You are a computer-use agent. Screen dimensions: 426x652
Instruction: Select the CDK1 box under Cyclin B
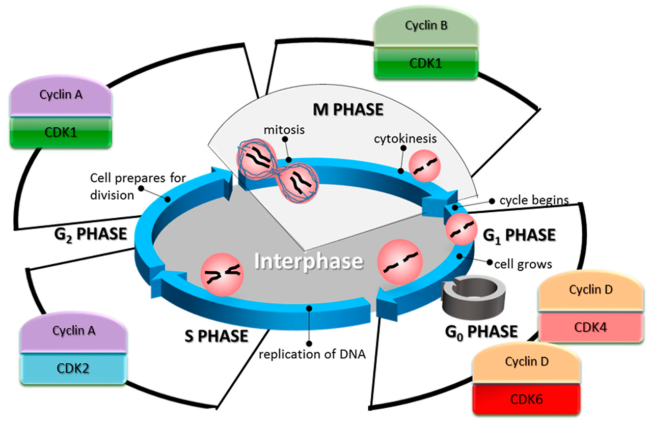click(426, 64)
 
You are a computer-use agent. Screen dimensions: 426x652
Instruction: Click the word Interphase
click(309, 262)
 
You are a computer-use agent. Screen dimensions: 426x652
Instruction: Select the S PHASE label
click(216, 336)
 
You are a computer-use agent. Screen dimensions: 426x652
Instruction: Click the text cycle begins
click(533, 200)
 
